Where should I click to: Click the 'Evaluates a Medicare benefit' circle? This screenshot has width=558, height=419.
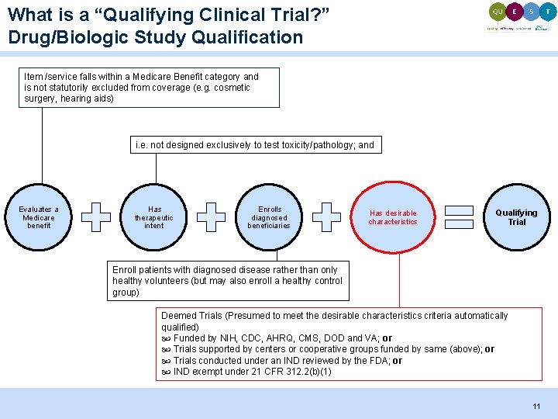[39, 217]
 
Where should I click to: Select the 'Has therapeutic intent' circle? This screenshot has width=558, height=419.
[154, 217]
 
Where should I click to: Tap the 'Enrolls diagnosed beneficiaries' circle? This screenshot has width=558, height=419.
[268, 217]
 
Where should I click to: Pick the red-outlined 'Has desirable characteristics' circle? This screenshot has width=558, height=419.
[392, 217]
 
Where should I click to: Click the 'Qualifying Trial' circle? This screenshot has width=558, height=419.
[516, 217]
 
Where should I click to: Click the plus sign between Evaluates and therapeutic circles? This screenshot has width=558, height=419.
[96, 217]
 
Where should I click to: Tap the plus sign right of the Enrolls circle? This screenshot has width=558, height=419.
[326, 217]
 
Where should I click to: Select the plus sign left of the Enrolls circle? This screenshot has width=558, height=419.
[211, 217]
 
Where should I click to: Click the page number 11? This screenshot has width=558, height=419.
[536, 407]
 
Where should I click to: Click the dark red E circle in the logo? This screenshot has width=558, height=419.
[515, 12]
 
